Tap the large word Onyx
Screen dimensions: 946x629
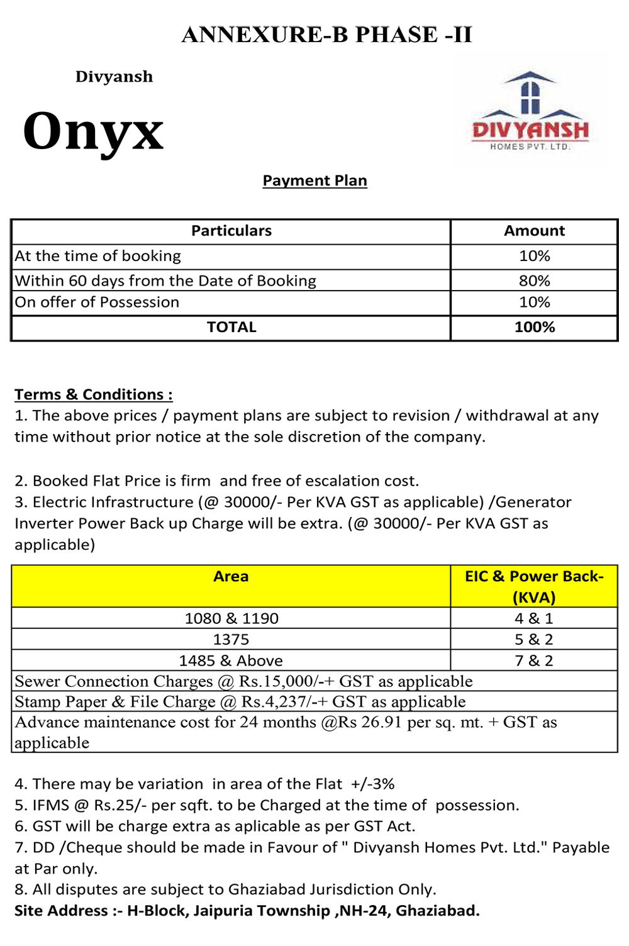coord(93,131)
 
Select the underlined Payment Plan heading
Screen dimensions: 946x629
coord(314,181)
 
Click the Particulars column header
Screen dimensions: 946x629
coord(231,231)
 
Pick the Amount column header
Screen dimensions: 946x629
coord(534,231)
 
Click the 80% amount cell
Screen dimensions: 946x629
coord(534,281)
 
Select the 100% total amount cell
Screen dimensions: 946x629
coord(534,327)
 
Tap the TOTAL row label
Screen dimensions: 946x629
coord(231,327)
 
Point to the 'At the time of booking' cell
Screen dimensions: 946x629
coord(98,256)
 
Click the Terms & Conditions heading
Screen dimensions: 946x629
coord(93,394)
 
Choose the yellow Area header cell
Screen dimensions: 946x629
coord(231,577)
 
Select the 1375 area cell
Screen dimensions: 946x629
coord(231,640)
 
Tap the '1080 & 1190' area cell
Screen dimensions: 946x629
coord(231,618)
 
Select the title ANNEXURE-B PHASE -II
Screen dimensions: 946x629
coord(326,35)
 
